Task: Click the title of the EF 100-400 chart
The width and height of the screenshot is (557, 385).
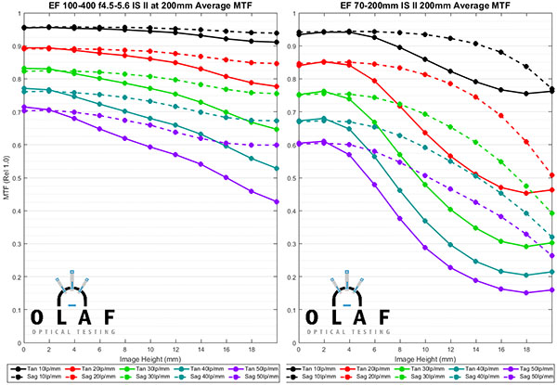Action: tap(149, 7)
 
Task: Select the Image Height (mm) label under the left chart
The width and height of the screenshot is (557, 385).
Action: tap(149, 357)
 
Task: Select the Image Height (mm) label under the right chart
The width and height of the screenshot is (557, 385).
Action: tap(425, 357)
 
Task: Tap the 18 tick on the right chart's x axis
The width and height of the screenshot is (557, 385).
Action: tap(526, 347)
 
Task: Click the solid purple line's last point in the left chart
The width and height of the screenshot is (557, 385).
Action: tap(277, 201)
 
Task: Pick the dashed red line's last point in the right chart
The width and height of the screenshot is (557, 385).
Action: tap(552, 174)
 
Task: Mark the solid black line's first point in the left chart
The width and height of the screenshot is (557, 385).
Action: tap(23, 28)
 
